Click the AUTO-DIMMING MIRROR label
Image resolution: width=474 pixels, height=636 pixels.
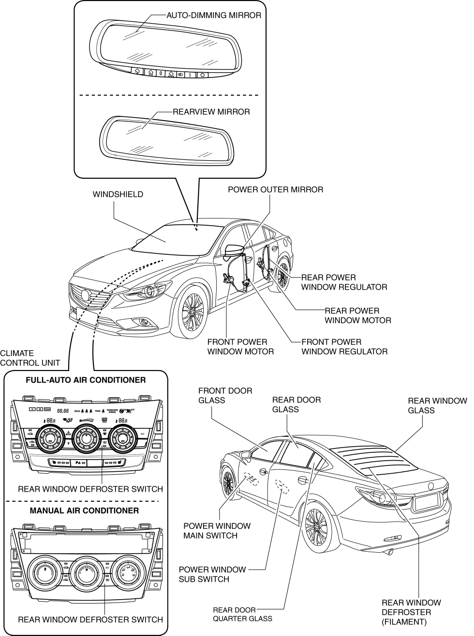(213, 16)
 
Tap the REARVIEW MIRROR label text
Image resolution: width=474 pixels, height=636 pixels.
(211, 112)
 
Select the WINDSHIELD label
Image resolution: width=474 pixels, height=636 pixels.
(118, 194)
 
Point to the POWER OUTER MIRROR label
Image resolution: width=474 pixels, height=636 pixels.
(275, 189)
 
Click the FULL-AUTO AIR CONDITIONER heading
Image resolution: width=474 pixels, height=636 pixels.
(86, 380)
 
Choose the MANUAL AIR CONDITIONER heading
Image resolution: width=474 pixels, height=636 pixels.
(84, 511)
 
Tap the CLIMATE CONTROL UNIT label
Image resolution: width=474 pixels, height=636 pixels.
(30, 358)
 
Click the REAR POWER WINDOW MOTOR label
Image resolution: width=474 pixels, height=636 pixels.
(357, 315)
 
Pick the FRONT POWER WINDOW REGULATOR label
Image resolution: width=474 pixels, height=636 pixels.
(344, 347)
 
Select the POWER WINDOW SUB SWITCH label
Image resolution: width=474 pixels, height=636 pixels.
(212, 574)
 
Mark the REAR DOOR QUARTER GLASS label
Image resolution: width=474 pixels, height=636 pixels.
(242, 614)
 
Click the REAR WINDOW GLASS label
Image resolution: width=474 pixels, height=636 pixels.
(437, 405)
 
